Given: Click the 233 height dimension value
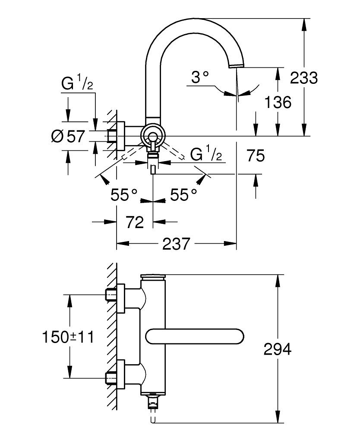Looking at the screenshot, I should tap(303, 78).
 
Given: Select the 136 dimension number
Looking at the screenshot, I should tap(278, 102).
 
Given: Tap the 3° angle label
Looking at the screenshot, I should tap(200, 78).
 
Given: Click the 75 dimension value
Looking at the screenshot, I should tap(256, 156).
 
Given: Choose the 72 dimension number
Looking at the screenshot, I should tap(134, 222).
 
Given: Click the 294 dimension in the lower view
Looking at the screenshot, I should tap(278, 349).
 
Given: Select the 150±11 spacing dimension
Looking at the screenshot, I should tap(68, 336).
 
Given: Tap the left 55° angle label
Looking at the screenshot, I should tap(124, 195).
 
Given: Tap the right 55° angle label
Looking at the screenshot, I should tap(183, 195).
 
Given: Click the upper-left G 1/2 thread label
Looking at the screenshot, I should tap(77, 84).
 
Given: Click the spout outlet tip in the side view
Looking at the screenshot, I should tap(236, 65).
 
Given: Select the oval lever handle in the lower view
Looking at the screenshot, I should tap(196, 336).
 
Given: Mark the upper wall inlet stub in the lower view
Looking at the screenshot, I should tap(111, 295).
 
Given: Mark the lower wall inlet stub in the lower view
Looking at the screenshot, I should tap(111, 377).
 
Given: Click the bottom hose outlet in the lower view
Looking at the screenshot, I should tap(152, 404).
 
